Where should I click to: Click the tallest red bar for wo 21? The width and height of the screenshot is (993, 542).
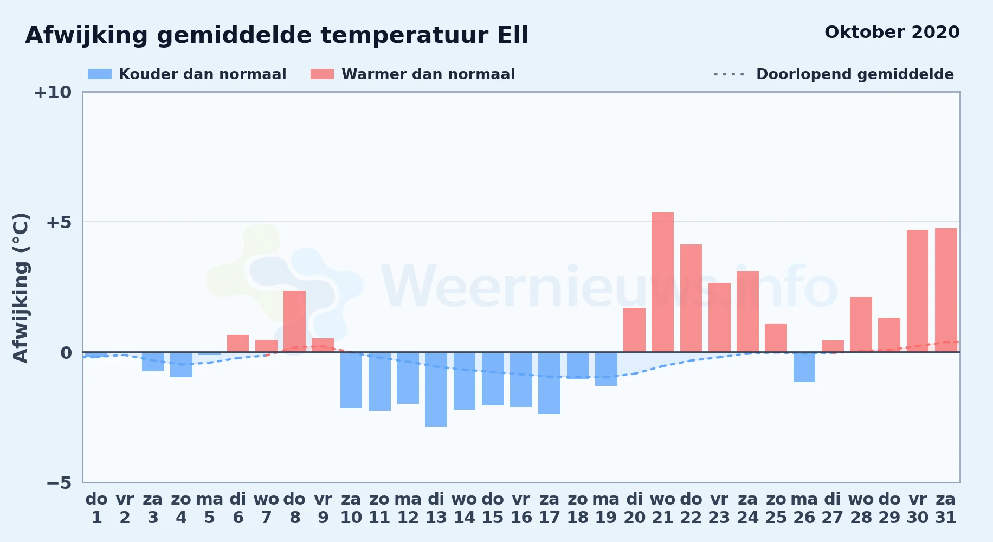click(x=662, y=282)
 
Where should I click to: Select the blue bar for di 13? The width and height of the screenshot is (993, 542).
click(x=436, y=389)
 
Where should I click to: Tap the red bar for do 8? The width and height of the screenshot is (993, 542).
click(x=294, y=321)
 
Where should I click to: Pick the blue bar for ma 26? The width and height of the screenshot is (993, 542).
click(x=804, y=367)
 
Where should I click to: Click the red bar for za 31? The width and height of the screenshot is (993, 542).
click(x=946, y=290)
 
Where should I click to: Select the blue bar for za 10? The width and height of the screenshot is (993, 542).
click(x=351, y=380)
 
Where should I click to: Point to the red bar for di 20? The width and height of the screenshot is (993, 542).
click(x=634, y=330)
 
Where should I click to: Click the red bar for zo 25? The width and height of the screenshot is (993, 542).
click(x=776, y=338)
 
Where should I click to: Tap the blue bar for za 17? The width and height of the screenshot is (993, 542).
click(x=549, y=383)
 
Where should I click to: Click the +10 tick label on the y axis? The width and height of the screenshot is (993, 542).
click(x=53, y=92)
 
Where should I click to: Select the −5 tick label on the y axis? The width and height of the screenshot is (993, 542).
click(x=59, y=482)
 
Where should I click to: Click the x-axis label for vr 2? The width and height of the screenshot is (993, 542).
click(x=125, y=508)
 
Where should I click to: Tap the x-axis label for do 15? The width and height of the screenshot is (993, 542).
click(x=493, y=508)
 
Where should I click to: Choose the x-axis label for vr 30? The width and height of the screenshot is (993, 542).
click(x=918, y=508)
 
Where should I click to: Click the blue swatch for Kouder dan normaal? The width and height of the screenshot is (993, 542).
click(x=100, y=74)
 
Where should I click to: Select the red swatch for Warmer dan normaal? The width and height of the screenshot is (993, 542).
click(x=322, y=74)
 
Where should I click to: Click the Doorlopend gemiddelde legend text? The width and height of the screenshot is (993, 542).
click(x=855, y=74)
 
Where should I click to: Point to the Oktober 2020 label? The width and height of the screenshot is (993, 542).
click(x=892, y=32)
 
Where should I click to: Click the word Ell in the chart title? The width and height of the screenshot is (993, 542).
click(x=513, y=35)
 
